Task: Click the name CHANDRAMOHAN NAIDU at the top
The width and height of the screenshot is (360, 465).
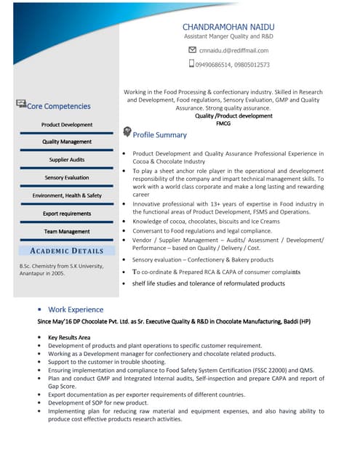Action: point(228,26)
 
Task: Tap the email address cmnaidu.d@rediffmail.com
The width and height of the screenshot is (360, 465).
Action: point(233,50)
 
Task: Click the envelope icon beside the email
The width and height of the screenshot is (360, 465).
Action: point(192,50)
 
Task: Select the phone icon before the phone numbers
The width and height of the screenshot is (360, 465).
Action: point(192,64)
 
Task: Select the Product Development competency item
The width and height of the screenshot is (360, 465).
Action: point(67,125)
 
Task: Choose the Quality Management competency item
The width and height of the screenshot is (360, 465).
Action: point(67,142)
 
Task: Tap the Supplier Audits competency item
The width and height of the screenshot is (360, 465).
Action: point(67,160)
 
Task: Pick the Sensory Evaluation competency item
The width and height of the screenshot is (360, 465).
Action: point(67,177)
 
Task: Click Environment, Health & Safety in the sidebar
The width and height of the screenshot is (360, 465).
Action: point(67,195)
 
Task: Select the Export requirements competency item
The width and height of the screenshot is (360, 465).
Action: point(67,214)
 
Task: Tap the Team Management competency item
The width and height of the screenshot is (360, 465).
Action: point(67,232)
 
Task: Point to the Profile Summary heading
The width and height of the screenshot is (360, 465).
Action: point(159,135)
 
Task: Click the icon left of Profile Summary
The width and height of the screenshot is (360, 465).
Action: point(127,132)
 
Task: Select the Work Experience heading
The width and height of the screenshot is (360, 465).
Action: point(76,310)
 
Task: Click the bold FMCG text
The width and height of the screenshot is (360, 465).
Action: point(224,124)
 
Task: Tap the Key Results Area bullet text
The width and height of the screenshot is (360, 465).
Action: point(69,338)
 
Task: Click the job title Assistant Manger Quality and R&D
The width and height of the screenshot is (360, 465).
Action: point(228,36)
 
